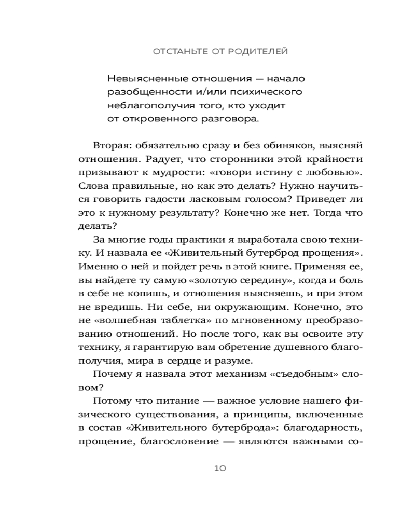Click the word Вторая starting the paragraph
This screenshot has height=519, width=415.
pos(112,145)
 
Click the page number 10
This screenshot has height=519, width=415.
pos(219,468)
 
